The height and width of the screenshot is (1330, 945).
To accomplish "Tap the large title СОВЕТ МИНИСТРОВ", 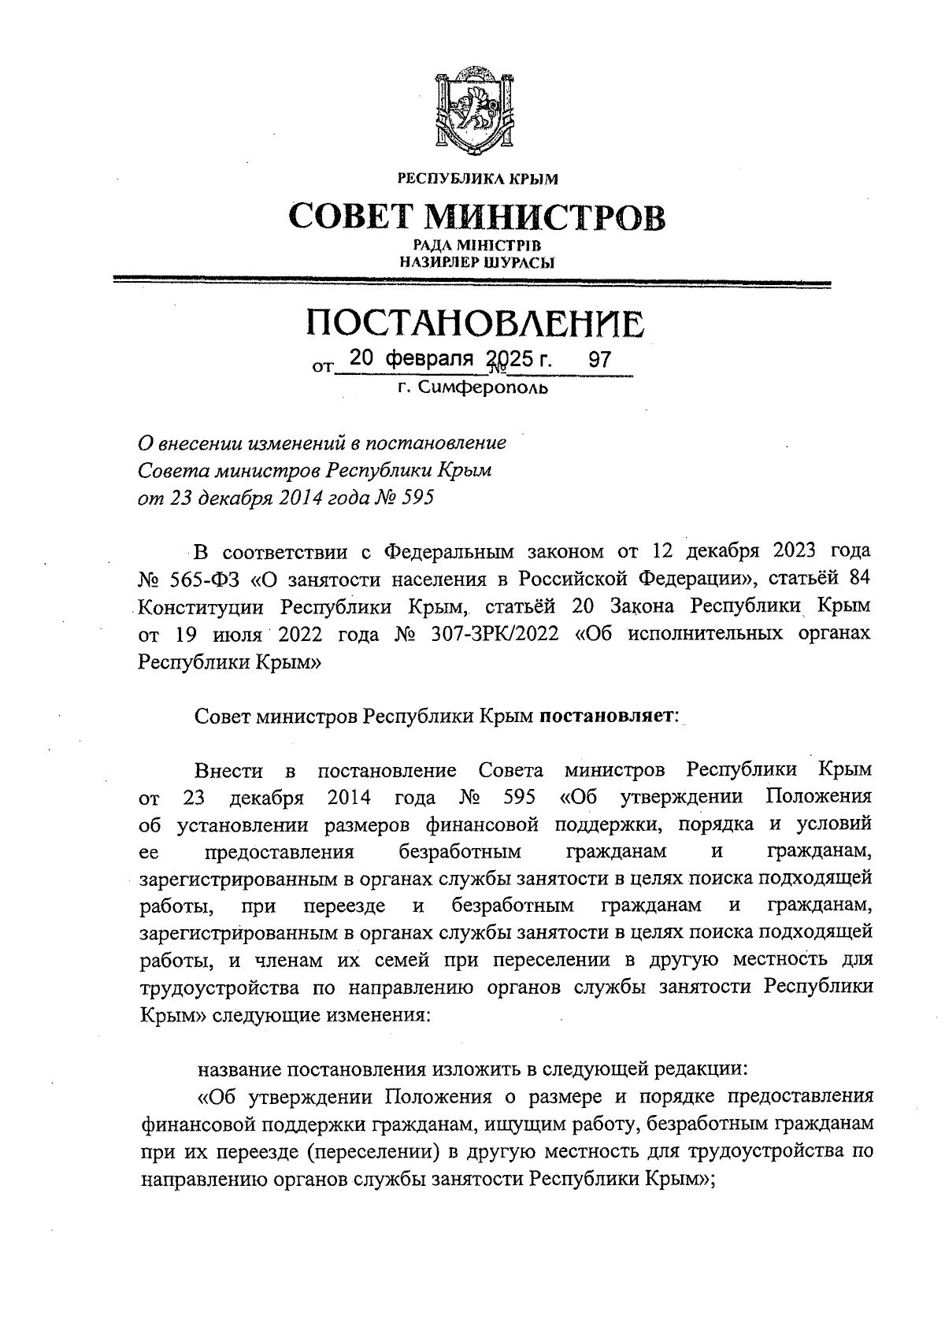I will tap(476, 217).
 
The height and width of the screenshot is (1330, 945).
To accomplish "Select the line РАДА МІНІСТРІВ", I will tap(476, 247).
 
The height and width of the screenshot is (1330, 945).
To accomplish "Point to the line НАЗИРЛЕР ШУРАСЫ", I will tap(476, 263).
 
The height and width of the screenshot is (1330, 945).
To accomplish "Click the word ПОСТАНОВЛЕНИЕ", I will tap(475, 323).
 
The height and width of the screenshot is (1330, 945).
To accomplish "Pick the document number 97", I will tap(600, 360).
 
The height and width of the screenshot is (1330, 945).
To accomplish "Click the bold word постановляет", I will tap(603, 716).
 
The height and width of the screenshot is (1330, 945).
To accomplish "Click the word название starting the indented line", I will tap(237, 1069).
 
